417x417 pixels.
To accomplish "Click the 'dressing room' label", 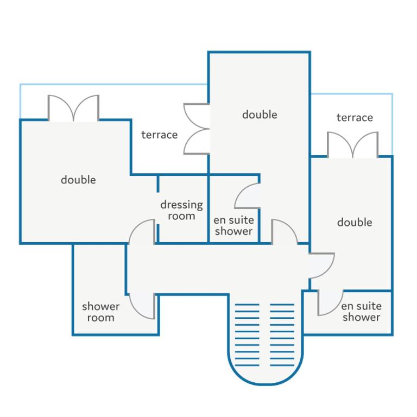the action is click(x=182, y=210).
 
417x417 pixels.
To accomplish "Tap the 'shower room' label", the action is click(x=101, y=312).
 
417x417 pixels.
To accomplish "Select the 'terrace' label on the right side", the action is click(x=355, y=117).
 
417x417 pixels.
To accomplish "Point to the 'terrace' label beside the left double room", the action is click(x=159, y=135).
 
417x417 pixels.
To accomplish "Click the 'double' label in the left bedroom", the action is click(x=78, y=180).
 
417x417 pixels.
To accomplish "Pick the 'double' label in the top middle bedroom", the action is click(x=260, y=115).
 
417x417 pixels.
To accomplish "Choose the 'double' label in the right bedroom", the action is click(x=355, y=222).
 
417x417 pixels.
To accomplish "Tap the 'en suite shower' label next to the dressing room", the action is click(x=234, y=225).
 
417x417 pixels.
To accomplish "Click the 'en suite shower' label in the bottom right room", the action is click(x=361, y=312).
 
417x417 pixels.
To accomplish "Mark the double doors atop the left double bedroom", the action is click(x=73, y=108).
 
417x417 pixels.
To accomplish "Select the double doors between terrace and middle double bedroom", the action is click(x=197, y=129).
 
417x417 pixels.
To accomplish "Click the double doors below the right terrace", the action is click(x=352, y=144).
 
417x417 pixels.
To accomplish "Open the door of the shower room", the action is click(x=142, y=306).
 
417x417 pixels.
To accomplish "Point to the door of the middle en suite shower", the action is click(x=248, y=195).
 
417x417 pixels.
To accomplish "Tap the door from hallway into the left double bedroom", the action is click(x=142, y=232).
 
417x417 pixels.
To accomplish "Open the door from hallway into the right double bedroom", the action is click(x=321, y=266).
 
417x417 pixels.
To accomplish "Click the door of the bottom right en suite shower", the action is click(x=330, y=303).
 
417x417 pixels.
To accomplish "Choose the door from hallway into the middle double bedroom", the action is click(x=285, y=232).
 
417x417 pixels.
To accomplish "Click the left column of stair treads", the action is click(x=247, y=335).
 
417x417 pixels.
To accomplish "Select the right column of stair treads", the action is click(x=282, y=335).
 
